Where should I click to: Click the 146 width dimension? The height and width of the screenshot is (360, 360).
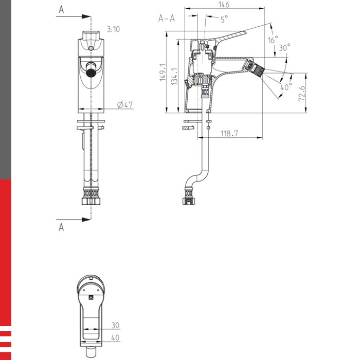point(224,5)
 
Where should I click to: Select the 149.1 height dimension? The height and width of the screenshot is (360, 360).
point(162,73)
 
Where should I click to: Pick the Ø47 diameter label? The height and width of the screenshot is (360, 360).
point(125,104)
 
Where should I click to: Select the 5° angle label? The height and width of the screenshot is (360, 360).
point(224,20)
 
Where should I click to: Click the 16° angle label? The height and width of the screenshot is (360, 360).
point(273,40)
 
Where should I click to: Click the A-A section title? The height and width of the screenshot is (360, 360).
point(166,19)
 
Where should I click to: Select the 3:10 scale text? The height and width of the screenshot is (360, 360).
point(113,29)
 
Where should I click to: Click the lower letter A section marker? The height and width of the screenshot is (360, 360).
point(61,227)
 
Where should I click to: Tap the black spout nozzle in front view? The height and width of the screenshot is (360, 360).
point(91,73)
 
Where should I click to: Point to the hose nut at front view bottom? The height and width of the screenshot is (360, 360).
point(92,197)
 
